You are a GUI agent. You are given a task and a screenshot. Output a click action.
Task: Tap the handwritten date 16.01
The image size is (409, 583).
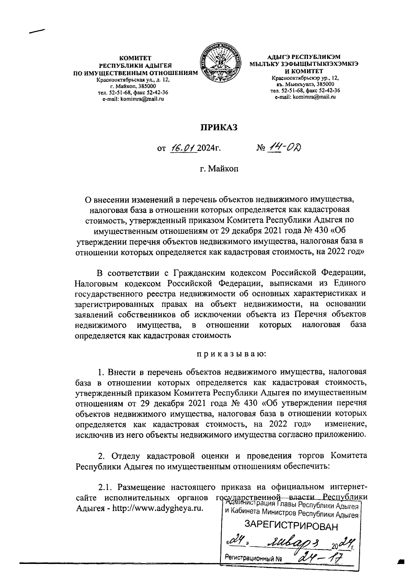pos(183,148)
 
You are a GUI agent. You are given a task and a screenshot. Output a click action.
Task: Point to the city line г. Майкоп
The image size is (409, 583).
pos(218,168)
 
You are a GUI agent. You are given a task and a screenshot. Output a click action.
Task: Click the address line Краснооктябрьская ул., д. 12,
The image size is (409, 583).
pos(133,80)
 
